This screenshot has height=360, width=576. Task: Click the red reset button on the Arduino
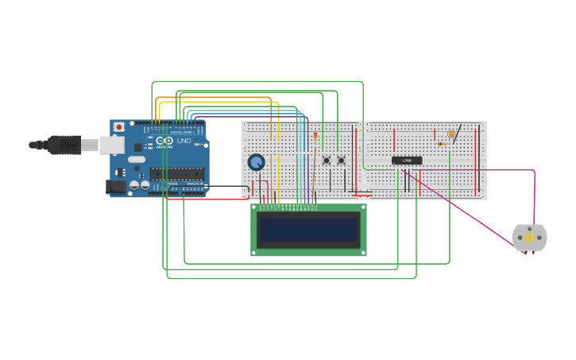tap(119, 126)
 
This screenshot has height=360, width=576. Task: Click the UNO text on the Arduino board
tap(184, 141)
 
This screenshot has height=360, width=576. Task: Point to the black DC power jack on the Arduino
tap(114, 186)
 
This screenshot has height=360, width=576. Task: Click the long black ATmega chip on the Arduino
tap(176, 174)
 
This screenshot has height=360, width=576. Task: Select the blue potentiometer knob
tap(256, 162)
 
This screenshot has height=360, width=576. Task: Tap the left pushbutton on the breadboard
tap(326, 161)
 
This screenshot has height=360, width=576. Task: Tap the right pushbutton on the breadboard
tap(341, 161)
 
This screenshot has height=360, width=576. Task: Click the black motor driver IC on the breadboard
tap(407, 161)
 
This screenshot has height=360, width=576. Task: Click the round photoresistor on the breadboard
tap(451, 134)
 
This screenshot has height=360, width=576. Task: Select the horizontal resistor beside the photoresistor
tap(441, 144)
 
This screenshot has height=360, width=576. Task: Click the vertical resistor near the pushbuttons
tap(315, 137)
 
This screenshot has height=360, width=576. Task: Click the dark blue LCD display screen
tap(308, 230)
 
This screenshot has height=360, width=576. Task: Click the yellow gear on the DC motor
tap(529, 238)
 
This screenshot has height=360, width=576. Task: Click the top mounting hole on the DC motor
tap(530, 226)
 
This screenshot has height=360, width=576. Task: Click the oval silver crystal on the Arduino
tap(137, 159)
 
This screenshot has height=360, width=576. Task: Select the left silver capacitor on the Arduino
tap(134, 184)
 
